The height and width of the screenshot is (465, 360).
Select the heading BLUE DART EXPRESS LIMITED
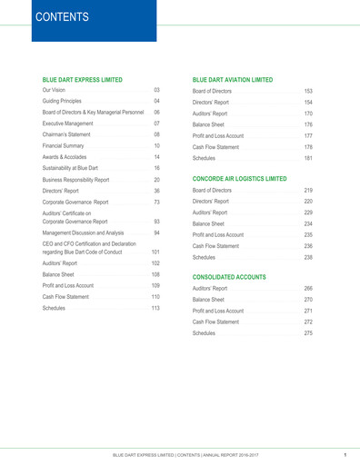[x=91, y=80]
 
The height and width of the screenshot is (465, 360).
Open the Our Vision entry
[x=60, y=93]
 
